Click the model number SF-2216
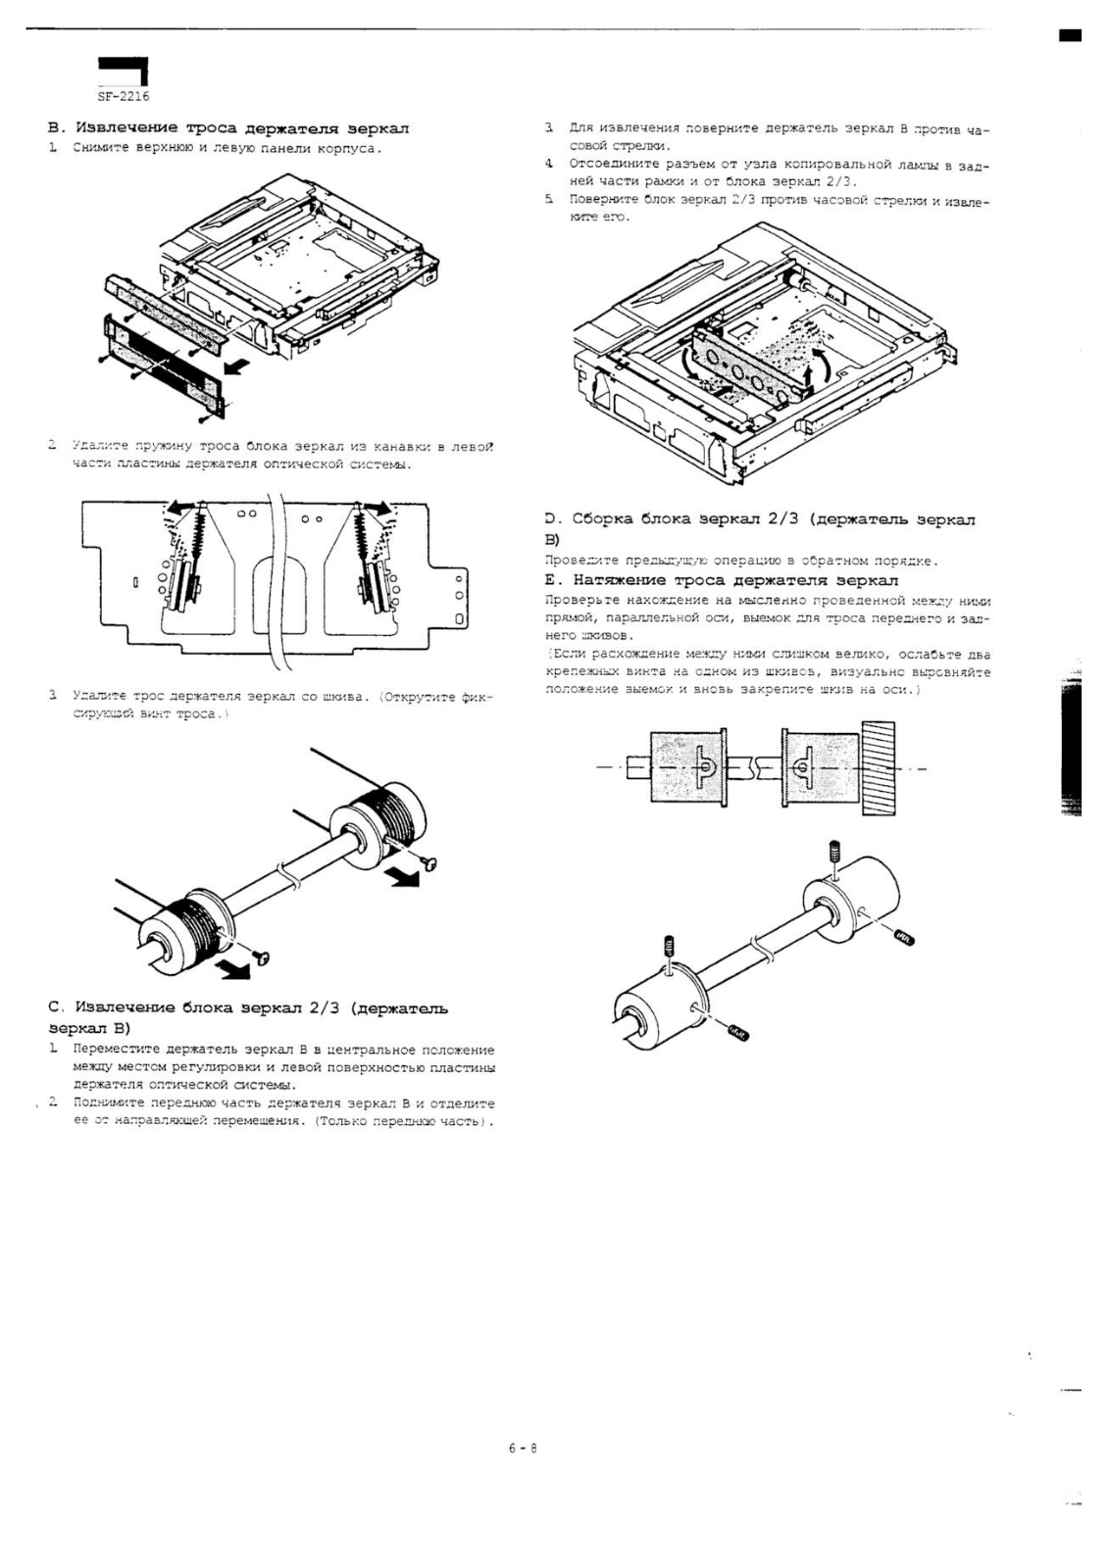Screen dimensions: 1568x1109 coord(123,97)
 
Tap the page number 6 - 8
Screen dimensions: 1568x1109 coord(522,1449)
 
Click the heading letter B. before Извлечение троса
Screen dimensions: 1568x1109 coord(55,128)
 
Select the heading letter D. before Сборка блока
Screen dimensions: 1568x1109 coord(551,519)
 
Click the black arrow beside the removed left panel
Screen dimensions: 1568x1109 coord(236,368)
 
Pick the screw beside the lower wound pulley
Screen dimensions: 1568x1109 coord(262,955)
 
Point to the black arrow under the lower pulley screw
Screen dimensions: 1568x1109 coord(234,970)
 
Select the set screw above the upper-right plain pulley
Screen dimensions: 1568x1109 coord(834,850)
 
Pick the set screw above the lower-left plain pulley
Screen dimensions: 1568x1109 coord(669,946)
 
